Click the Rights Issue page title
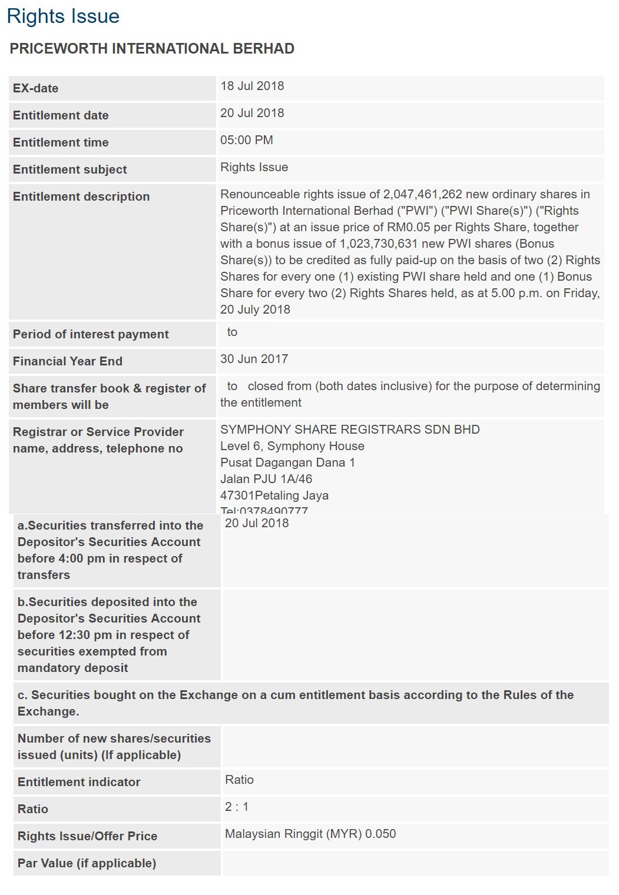pyautogui.click(x=63, y=16)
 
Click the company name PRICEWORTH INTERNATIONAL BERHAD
pyautogui.click(x=152, y=49)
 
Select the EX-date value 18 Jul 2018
pyautogui.click(x=252, y=86)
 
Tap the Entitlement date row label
pyautogui.click(x=61, y=115)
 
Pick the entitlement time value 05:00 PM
pyautogui.click(x=247, y=140)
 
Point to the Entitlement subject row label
pyautogui.click(x=70, y=169)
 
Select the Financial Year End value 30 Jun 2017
pyautogui.click(x=254, y=359)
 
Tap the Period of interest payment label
pyautogui.click(x=91, y=334)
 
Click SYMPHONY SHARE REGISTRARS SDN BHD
pyautogui.click(x=350, y=430)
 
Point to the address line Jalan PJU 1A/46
pyautogui.click(x=266, y=479)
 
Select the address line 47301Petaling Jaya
pyautogui.click(x=274, y=495)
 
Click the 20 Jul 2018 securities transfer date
pyautogui.click(x=257, y=523)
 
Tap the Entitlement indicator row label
pyautogui.click(x=79, y=782)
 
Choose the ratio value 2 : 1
pyautogui.click(x=237, y=807)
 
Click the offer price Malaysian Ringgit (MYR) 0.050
pyautogui.click(x=310, y=834)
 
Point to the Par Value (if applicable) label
pyautogui.click(x=87, y=863)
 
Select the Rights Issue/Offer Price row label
pyautogui.click(x=87, y=836)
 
